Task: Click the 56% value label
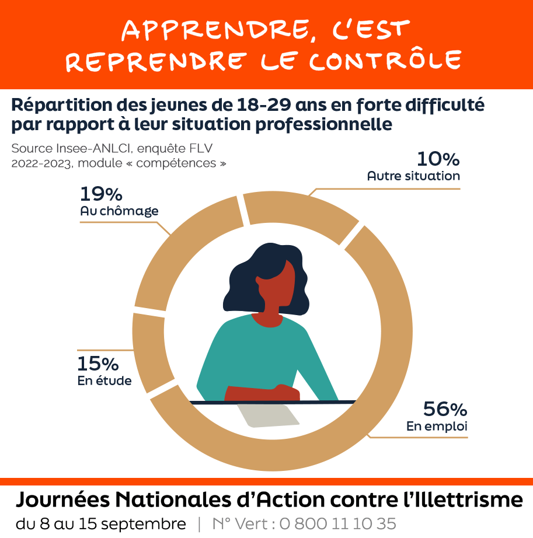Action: [x=445, y=409]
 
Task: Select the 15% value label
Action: [x=97, y=364]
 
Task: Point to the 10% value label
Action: [x=438, y=159]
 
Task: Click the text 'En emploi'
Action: [x=437, y=426]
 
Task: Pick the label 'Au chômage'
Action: [x=119, y=211]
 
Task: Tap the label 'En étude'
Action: [x=104, y=381]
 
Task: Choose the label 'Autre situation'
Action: [x=413, y=176]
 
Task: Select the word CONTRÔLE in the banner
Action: [x=385, y=61]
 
